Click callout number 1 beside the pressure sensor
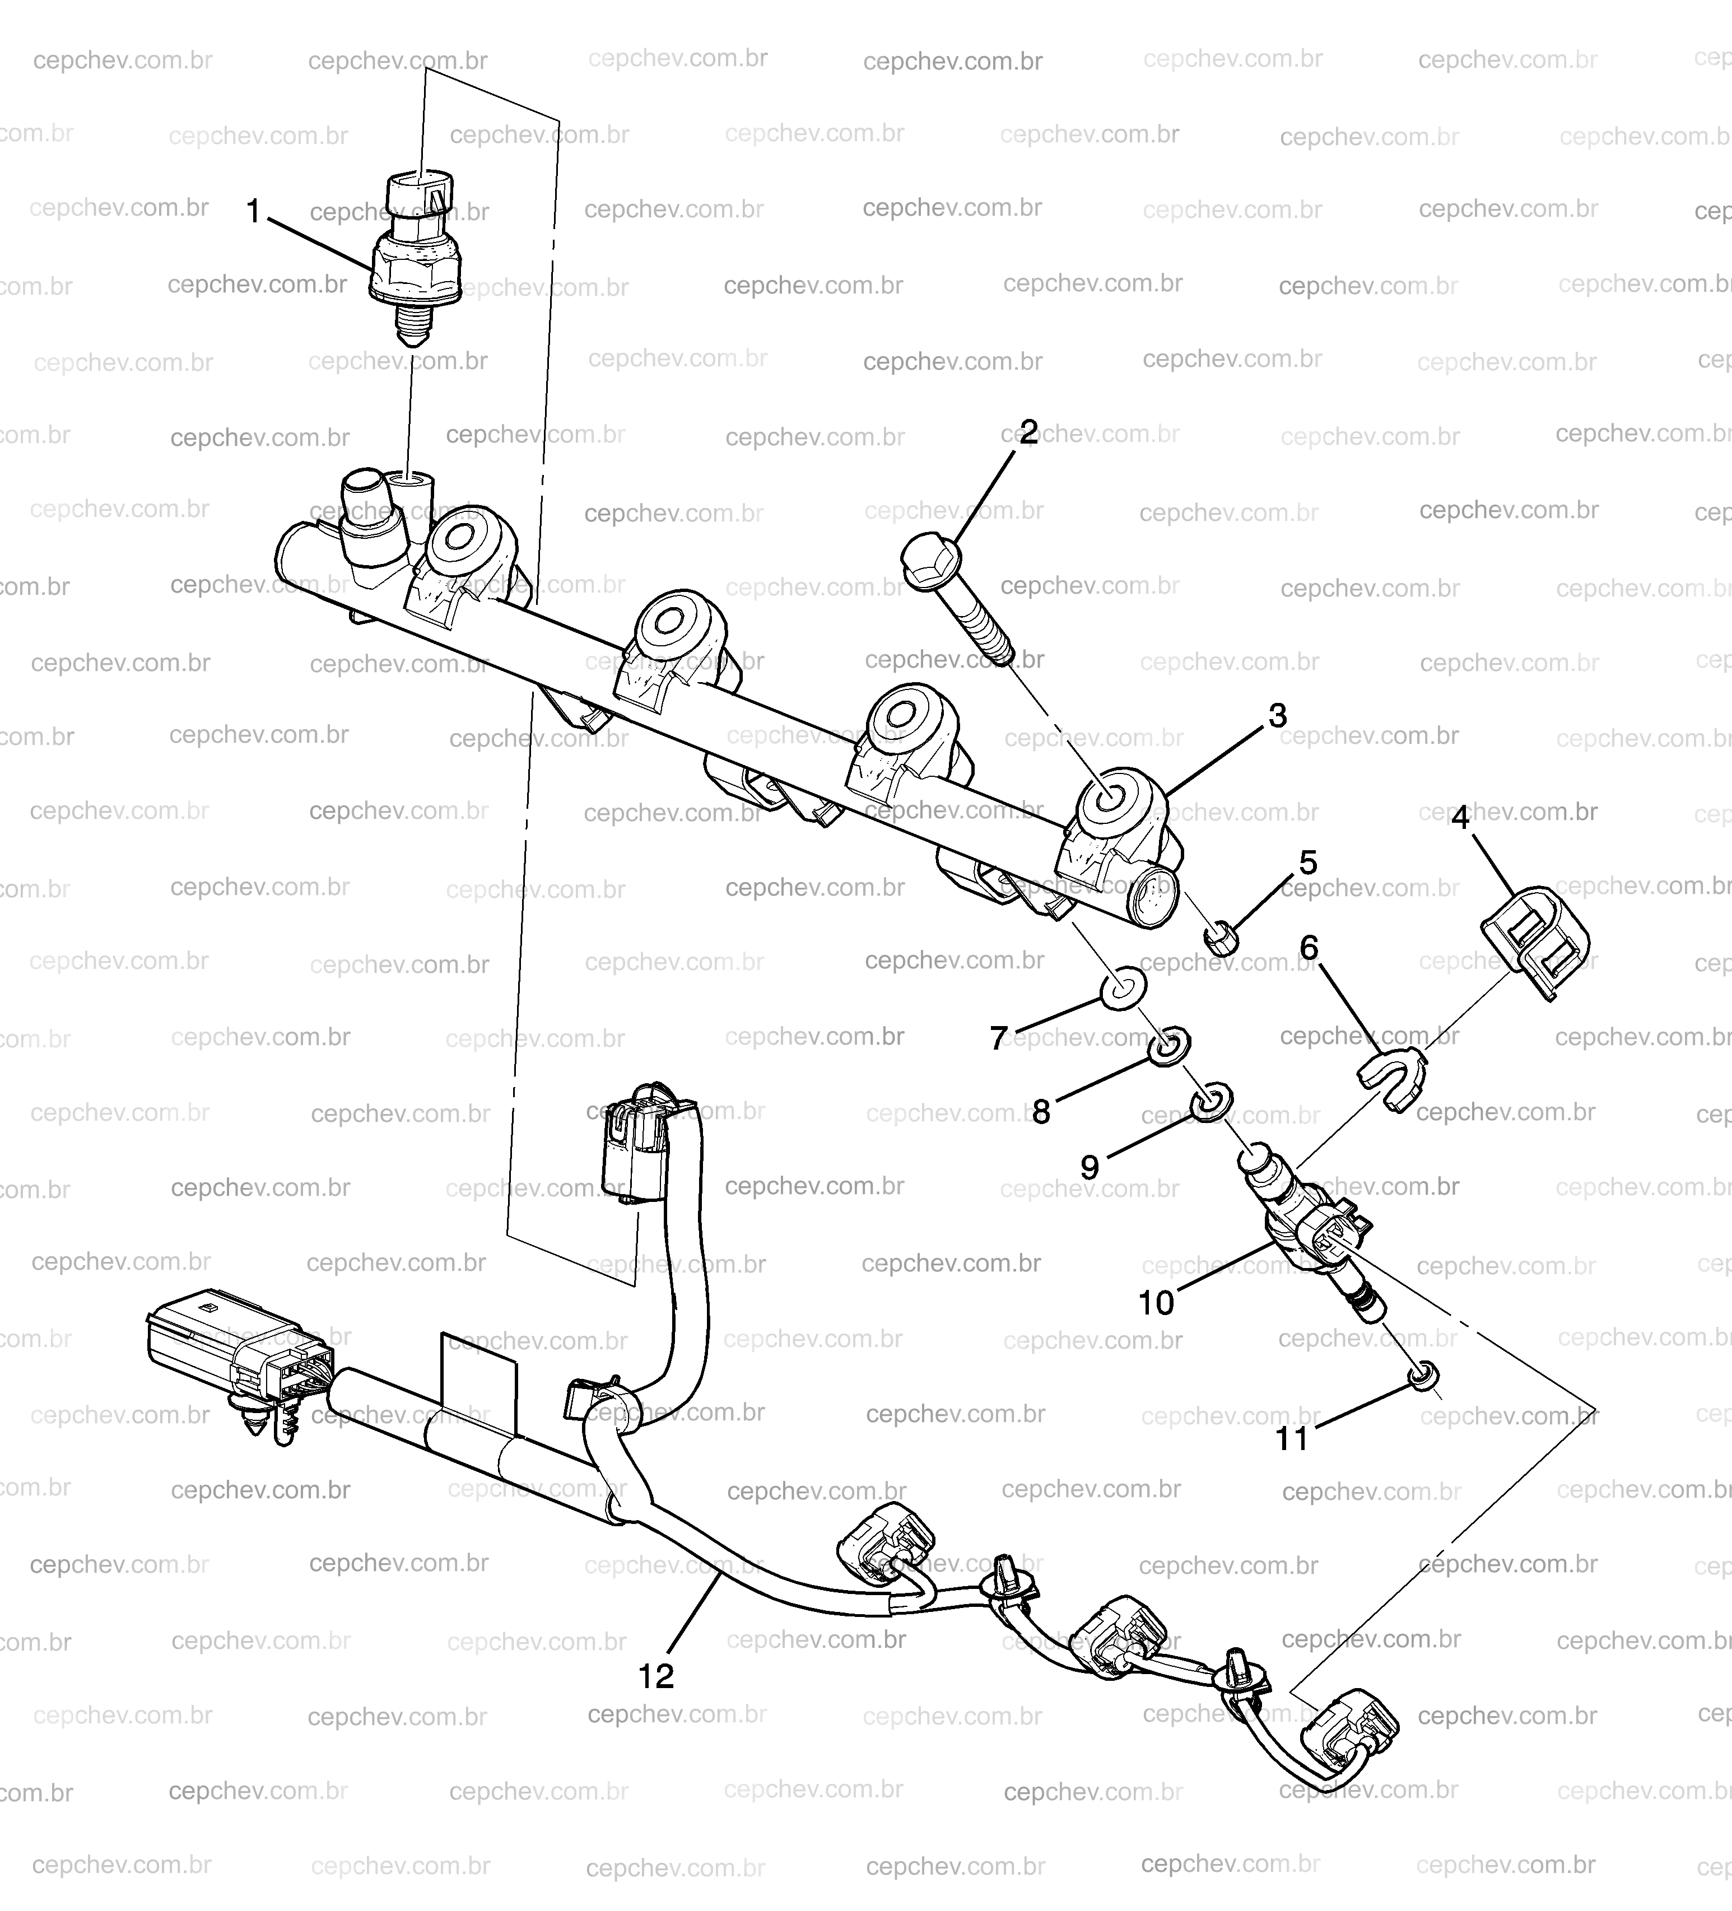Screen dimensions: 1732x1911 (x=253, y=211)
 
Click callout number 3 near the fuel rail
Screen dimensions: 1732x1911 (x=1277, y=716)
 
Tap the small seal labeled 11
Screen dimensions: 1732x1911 (x=1423, y=1376)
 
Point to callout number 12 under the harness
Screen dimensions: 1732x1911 (x=656, y=1675)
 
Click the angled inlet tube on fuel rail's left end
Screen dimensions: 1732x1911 (x=366, y=516)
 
